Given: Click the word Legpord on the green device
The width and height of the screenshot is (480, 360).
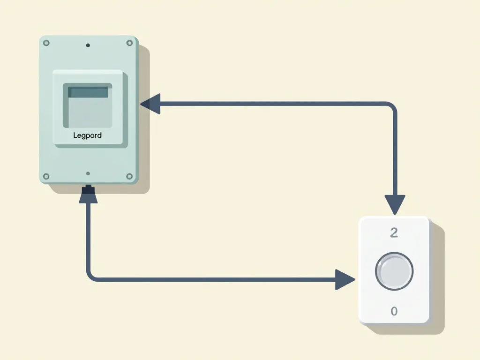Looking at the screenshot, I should (x=88, y=135).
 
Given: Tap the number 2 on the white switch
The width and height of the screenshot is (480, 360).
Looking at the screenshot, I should (x=394, y=233).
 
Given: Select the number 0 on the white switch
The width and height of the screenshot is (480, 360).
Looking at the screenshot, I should (x=394, y=311).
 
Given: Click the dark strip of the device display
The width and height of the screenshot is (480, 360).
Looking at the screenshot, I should (x=88, y=92).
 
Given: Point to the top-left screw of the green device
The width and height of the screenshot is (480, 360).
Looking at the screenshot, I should (x=46, y=43).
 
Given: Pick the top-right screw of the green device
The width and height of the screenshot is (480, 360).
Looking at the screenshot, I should (x=129, y=43).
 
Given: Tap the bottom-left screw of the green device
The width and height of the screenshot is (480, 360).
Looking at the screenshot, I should (x=46, y=176).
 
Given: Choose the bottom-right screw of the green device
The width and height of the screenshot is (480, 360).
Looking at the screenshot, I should (x=129, y=176).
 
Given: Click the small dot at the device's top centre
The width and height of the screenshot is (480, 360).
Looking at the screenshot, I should (x=88, y=45).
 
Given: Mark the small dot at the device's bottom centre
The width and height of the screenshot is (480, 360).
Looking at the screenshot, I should (x=88, y=173).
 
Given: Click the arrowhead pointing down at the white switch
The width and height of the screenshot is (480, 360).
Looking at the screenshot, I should (x=395, y=204).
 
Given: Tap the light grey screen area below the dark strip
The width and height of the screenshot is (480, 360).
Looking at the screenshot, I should (x=88, y=112).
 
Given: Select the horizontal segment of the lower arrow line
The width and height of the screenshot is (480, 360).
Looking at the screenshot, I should (x=211, y=279).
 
